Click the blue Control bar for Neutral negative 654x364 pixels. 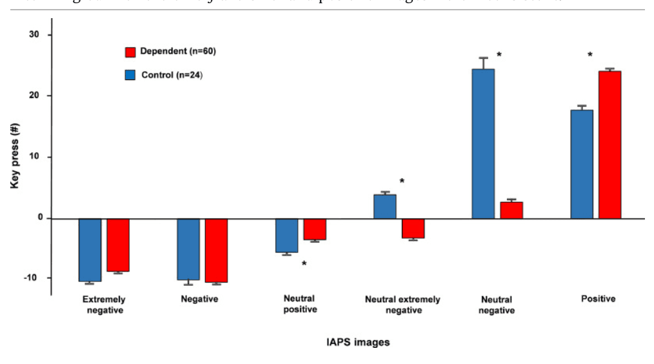[483, 143]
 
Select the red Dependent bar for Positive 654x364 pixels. [609, 145]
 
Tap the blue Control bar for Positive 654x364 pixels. [581, 164]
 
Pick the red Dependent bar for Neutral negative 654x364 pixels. [511, 210]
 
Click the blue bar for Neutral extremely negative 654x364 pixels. [385, 207]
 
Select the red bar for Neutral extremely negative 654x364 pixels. [413, 228]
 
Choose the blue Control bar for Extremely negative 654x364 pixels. [90, 250]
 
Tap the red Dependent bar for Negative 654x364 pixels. [216, 250]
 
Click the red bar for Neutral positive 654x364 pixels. [315, 229]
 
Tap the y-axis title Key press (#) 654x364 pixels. [14, 157]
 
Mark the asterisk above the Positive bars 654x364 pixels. [590, 56]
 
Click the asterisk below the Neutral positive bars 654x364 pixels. [304, 263]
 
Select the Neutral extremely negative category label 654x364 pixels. [402, 305]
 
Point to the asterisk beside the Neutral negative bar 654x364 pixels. [499, 56]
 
